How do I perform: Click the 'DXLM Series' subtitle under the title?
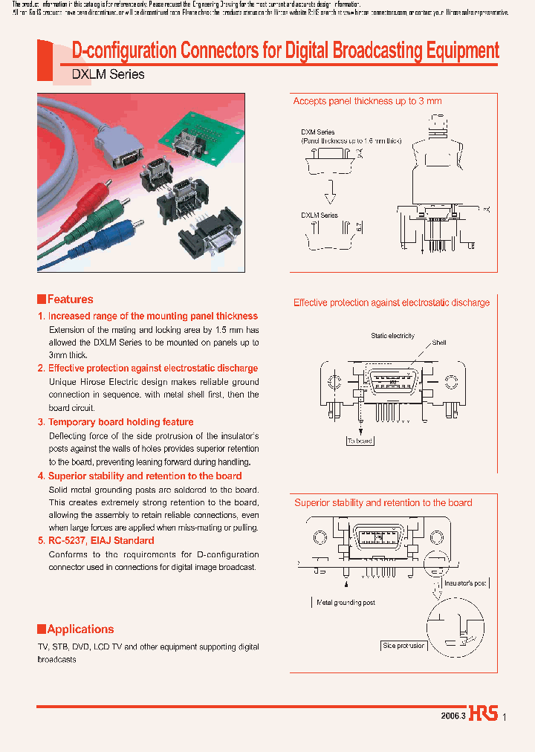(x=108, y=74)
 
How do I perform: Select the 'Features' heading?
(x=70, y=299)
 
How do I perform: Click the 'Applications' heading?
(x=80, y=629)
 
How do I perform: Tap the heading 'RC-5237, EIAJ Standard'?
(x=101, y=540)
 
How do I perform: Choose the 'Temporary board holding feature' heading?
(x=120, y=422)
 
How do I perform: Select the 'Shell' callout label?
(x=439, y=343)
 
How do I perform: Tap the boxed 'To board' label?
(x=360, y=441)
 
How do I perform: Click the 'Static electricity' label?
(x=392, y=336)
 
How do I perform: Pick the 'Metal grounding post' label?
(x=346, y=603)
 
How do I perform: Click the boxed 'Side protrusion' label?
(x=404, y=646)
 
